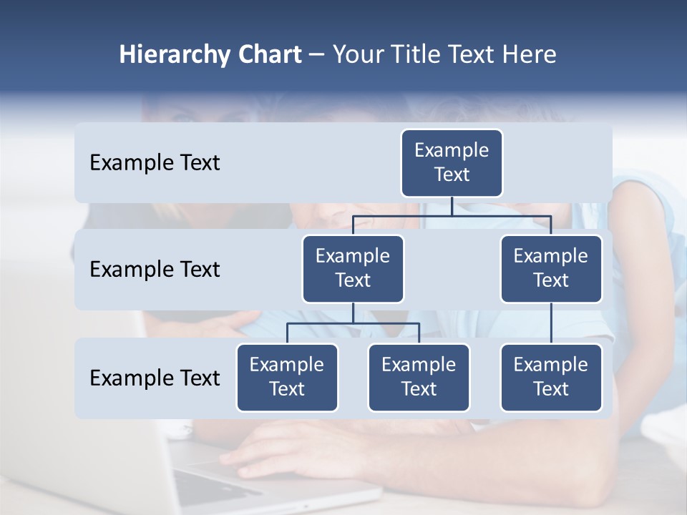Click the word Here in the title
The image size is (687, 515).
[x=529, y=55]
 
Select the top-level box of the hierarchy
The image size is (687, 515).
[x=452, y=162]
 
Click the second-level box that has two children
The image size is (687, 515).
[x=353, y=268]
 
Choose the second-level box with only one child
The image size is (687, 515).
[x=551, y=268]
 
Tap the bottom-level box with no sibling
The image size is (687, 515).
[x=551, y=377]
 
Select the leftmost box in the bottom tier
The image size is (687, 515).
[x=287, y=377]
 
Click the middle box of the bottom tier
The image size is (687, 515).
[x=419, y=377]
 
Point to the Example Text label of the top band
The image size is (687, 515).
[x=155, y=163]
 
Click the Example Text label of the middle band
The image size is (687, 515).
[x=155, y=270]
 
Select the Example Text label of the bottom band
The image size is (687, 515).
[x=155, y=378]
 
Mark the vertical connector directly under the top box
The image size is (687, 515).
[x=452, y=206]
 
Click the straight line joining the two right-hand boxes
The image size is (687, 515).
[x=551, y=323]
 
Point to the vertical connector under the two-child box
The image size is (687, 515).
[x=353, y=313]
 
